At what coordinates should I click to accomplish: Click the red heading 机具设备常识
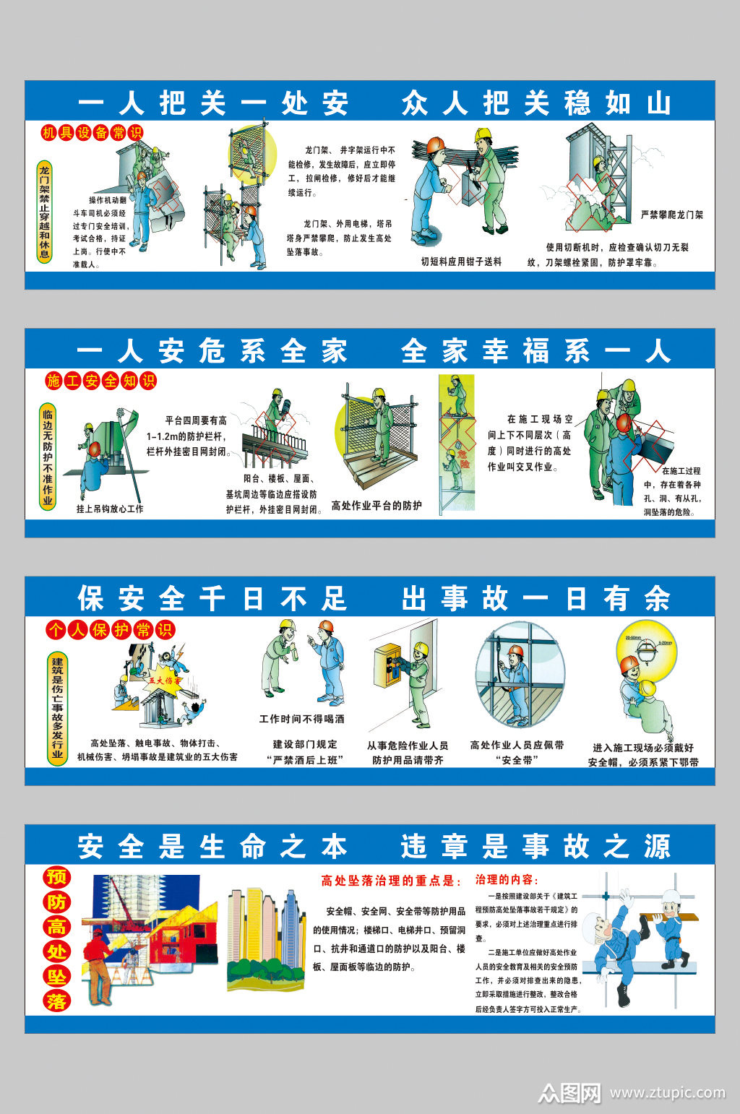(x=92, y=133)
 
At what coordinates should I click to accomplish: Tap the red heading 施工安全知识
(x=100, y=381)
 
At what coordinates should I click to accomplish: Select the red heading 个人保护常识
(x=110, y=630)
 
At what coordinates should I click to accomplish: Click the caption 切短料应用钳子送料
(x=461, y=262)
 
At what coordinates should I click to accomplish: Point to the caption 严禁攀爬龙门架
(x=671, y=215)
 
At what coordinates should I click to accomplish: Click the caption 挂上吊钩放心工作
(x=110, y=509)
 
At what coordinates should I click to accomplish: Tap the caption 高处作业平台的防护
(x=376, y=506)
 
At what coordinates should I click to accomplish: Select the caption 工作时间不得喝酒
(x=301, y=719)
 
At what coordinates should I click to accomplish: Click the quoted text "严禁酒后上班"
(x=304, y=759)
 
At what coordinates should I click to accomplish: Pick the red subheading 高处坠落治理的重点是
(x=391, y=881)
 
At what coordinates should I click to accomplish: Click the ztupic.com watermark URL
(x=666, y=1093)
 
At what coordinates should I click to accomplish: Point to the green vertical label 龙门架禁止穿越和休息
(x=45, y=211)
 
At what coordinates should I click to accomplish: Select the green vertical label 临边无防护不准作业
(x=47, y=457)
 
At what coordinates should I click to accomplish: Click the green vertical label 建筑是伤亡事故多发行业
(x=57, y=708)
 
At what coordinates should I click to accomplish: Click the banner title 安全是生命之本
(x=212, y=846)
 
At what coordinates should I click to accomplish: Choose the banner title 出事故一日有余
(x=535, y=599)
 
